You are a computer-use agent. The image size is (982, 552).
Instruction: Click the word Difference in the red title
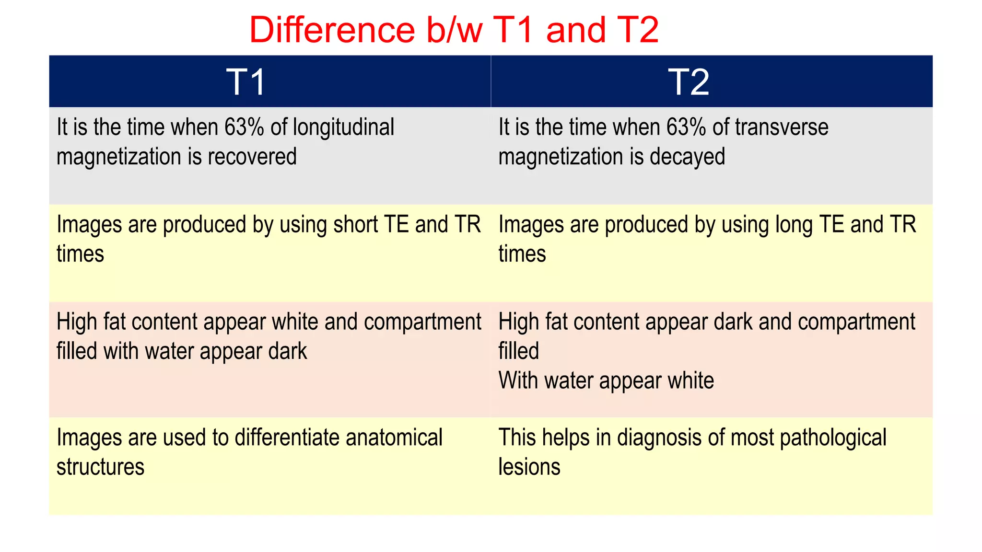point(332,30)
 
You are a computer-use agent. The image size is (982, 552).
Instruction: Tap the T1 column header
point(246,82)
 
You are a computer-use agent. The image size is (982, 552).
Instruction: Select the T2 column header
point(689,82)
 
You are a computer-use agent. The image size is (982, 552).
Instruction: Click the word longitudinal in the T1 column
point(343,127)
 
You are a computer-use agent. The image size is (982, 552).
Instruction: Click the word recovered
point(252,157)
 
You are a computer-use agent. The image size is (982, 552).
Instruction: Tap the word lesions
point(529,467)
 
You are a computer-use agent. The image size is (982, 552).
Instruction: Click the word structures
point(100,467)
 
